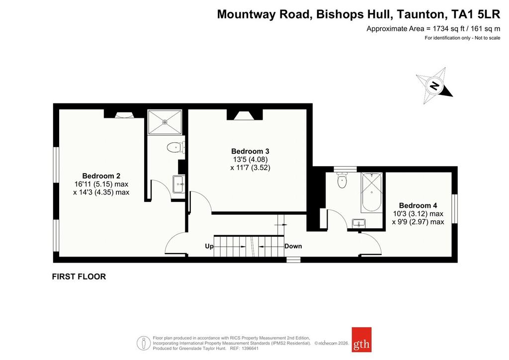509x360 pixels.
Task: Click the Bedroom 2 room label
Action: click(101, 176)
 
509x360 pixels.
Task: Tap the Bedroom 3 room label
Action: click(250, 151)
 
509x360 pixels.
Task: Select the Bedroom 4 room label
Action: click(418, 205)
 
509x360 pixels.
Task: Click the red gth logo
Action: click(361, 340)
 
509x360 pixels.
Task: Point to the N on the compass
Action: click(434, 86)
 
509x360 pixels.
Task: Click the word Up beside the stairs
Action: click(209, 247)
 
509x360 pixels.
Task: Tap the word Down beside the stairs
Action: click(293, 246)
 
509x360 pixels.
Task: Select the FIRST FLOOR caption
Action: click(79, 276)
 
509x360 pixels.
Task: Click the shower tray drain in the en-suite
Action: click(165, 122)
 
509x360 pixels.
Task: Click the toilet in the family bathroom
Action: click(342, 180)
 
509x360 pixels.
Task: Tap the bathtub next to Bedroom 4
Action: click(372, 192)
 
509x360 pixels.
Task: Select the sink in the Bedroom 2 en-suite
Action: click(178, 184)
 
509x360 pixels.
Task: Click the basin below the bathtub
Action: click(359, 223)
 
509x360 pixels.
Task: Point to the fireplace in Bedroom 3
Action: click(245, 115)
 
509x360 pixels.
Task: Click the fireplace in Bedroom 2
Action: click(124, 114)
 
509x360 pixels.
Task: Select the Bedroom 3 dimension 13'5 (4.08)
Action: click(251, 160)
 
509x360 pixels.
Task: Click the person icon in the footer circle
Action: click(144, 343)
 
